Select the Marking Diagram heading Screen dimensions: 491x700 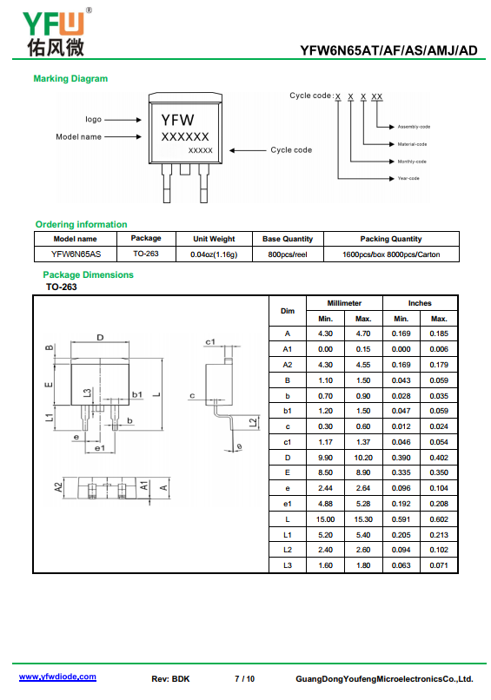tap(70, 78)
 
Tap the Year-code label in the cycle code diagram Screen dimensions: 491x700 tap(408, 178)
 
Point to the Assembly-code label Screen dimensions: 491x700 tap(414, 127)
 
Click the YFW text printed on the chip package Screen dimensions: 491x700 tap(178, 120)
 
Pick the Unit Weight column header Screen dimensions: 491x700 tap(214, 239)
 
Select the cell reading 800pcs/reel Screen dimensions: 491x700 tap(288, 254)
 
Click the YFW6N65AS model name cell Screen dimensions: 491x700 tap(76, 254)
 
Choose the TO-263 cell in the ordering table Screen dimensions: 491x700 tap(146, 254)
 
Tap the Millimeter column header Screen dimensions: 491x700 tap(344, 303)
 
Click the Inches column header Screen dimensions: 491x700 tap(420, 303)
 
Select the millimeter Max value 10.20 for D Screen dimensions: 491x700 tap(363, 458)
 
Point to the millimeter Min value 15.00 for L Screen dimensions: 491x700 tap(325, 519)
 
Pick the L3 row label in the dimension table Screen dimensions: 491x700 tap(288, 565)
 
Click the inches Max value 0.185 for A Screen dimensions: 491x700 tap(439, 333)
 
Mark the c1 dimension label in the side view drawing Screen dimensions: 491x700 tap(210, 342)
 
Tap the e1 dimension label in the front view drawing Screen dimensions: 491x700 tap(100, 448)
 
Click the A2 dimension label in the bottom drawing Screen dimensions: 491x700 tap(58, 487)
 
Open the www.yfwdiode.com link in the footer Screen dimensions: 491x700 tap(57, 677)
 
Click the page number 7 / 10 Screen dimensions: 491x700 tap(245, 679)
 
